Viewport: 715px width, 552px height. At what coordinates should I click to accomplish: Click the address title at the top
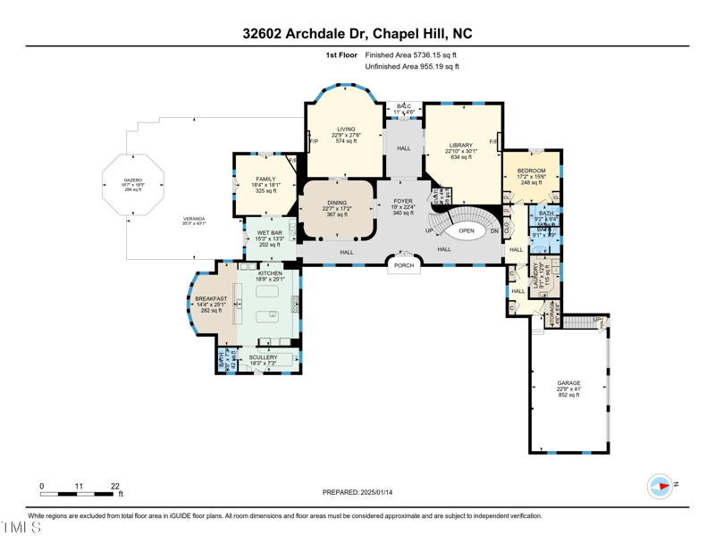(357, 34)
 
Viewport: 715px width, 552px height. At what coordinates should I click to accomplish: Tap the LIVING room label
(345, 130)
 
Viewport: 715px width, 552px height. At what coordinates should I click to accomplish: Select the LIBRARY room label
(461, 146)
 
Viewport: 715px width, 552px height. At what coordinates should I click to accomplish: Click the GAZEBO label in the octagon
(133, 180)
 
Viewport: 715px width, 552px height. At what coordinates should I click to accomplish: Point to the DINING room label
(337, 203)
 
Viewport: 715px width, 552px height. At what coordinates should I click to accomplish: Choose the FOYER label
(402, 202)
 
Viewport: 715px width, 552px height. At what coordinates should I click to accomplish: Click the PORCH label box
(404, 265)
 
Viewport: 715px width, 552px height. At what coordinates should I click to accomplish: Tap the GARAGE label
(568, 383)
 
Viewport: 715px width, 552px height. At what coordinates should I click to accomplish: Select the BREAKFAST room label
(211, 299)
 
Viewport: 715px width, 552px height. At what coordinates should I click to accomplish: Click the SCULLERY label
(263, 357)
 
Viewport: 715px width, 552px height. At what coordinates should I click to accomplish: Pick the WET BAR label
(270, 233)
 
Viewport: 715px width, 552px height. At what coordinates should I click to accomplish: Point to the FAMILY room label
(265, 180)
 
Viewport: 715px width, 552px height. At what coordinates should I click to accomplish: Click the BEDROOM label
(531, 171)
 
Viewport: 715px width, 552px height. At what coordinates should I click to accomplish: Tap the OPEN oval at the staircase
(466, 230)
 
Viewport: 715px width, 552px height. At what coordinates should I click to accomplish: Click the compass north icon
(660, 486)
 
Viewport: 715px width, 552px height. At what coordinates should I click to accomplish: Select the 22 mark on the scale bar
(115, 487)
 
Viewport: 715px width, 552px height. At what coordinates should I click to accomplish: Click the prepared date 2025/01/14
(357, 492)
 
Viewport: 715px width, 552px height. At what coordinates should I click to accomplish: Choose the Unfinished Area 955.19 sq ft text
(412, 66)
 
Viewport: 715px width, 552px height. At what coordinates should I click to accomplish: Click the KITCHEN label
(270, 273)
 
